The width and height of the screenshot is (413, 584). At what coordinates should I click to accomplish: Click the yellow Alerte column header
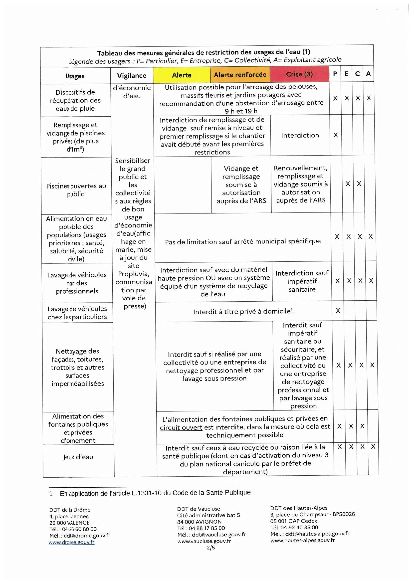(182, 75)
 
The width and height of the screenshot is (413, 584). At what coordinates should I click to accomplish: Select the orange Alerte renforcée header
(240, 74)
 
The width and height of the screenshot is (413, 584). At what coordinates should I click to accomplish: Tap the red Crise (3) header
(299, 74)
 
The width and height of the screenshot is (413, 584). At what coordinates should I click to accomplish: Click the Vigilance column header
(132, 76)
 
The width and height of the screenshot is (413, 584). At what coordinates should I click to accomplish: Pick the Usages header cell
(75, 76)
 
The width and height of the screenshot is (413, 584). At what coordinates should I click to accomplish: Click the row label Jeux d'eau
(78, 457)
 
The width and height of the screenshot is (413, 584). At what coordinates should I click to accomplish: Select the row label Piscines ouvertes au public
(76, 190)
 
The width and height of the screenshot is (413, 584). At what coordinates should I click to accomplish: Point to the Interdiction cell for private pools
(300, 135)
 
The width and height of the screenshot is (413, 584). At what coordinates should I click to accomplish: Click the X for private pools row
(335, 135)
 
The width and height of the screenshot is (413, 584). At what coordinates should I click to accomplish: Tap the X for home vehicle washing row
(338, 311)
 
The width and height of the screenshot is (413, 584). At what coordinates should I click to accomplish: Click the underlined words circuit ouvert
(181, 427)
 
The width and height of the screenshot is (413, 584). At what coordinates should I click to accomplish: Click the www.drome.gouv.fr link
(71, 542)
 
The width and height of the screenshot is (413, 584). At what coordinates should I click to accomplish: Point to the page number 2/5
(211, 547)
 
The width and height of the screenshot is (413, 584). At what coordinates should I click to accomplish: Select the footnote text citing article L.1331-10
(155, 493)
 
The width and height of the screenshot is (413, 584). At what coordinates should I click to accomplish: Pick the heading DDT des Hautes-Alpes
(299, 508)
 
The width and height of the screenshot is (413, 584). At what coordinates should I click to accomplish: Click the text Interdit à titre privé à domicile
(243, 312)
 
